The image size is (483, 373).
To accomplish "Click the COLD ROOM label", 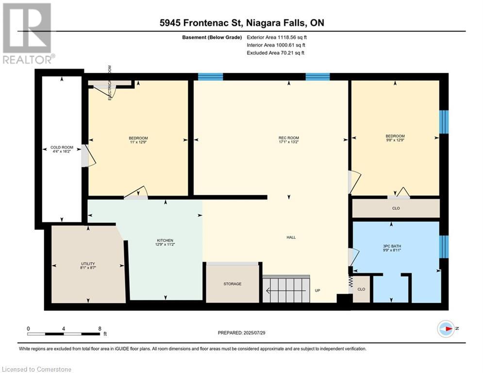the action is point(62,147).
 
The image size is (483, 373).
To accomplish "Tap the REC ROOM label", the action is point(289,138).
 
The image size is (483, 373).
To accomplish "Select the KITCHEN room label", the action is point(165,240).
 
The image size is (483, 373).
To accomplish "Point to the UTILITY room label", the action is point(88,264).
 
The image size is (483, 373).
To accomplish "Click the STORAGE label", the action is point(233,284).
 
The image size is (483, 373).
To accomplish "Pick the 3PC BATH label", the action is point(392,246).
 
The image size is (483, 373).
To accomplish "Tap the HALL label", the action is point(291,237).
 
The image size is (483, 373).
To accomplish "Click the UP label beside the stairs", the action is point(317,290).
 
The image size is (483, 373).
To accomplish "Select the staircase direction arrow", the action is point(286,291).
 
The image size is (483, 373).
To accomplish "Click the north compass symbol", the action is point(446,329).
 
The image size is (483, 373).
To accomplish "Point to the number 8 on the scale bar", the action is point(100,329).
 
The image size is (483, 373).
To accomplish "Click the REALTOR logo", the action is point(28,34).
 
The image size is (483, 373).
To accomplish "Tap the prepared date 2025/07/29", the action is point(254,333).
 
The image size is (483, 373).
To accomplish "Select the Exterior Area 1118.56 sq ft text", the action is point(277,37).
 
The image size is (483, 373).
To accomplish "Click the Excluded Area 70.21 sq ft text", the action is point(275,53).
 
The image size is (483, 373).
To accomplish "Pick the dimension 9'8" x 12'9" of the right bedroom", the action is point(395,140).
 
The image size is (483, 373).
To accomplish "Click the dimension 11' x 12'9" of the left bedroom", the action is point(138,142).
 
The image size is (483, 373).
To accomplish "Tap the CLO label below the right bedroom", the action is point(396,208).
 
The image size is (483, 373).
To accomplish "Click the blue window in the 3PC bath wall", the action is point(444,247).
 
